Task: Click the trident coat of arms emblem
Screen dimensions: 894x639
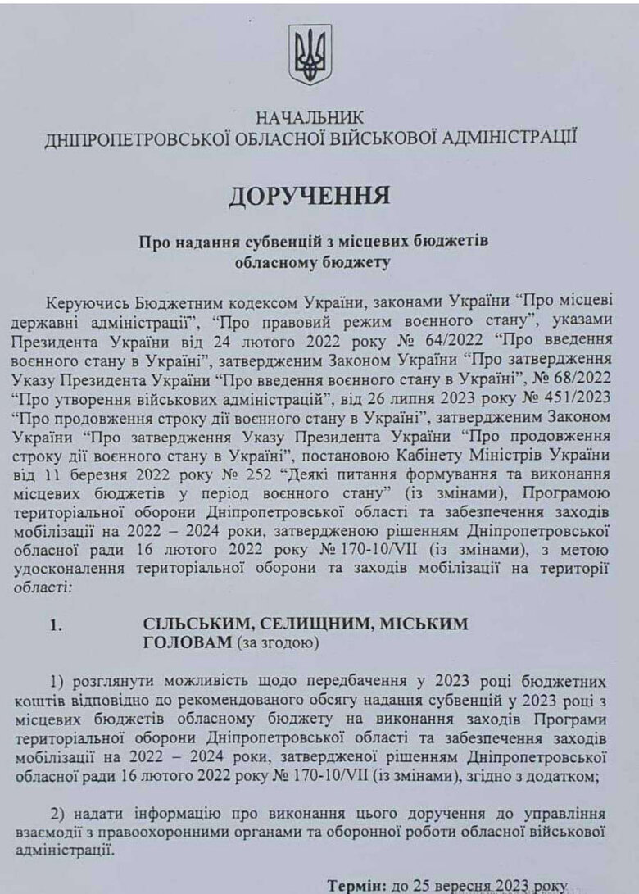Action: (310, 54)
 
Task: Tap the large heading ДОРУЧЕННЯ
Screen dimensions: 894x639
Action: (309, 197)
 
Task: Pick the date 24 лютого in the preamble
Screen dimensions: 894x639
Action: (229, 339)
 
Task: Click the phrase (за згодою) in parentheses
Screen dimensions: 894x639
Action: (276, 645)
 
